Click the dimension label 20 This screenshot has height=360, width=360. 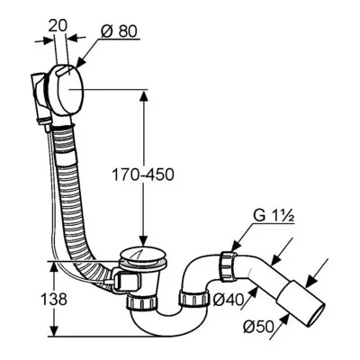tap(58, 27)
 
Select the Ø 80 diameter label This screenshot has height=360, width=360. tap(119, 31)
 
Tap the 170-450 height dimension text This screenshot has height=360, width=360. tap(143, 175)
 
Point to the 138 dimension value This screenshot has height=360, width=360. tap(55, 299)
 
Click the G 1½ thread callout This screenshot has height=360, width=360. tap(274, 216)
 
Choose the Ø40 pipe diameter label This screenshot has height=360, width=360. tap(227, 300)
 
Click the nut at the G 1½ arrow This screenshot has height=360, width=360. tap(228, 266)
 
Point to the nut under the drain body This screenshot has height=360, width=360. tap(142, 301)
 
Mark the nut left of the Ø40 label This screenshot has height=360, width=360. tap(194, 299)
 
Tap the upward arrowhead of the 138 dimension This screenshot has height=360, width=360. tap(53, 266)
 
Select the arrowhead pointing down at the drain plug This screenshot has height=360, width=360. tap(143, 240)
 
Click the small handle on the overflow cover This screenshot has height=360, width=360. tap(65, 72)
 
